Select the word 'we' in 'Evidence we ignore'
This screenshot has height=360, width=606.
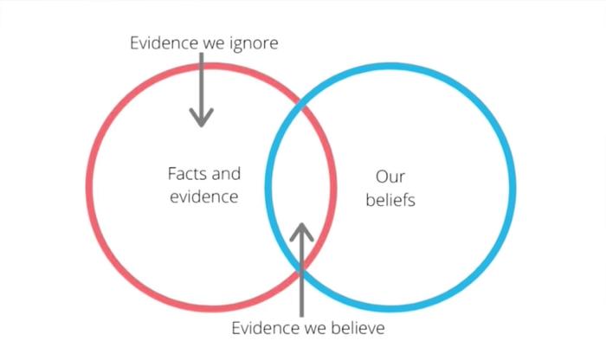(214, 44)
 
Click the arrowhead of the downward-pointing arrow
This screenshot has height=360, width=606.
(202, 118)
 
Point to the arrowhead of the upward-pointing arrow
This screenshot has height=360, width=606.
(301, 232)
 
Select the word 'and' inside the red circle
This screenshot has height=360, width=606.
(226, 174)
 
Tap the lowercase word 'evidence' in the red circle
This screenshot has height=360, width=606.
(204, 197)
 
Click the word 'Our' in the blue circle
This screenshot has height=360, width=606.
(390, 177)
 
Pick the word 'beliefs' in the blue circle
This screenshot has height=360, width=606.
(390, 200)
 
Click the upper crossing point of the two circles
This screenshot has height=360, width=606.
(301, 105)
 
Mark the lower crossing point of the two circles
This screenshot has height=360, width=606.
(301, 268)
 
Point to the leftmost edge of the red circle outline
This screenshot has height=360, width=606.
(89, 187)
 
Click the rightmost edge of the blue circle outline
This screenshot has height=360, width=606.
(513, 187)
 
